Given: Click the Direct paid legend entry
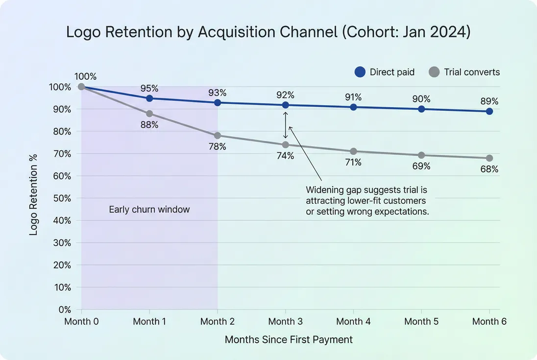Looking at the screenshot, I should [x=385, y=72].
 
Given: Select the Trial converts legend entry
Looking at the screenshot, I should [x=464, y=72].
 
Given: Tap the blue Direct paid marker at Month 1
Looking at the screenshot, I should [x=149, y=98].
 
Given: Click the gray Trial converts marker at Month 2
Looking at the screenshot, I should [x=218, y=136].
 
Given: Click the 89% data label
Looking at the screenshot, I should [x=488, y=101].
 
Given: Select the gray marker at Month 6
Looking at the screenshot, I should [x=489, y=158].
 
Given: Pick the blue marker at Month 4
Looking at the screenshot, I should [x=353, y=107].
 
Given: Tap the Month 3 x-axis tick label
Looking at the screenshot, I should [x=285, y=322].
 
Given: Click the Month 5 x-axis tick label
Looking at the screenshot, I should [x=421, y=322].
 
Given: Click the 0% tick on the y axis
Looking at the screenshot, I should [x=65, y=310].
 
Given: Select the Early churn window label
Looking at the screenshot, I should [x=149, y=210].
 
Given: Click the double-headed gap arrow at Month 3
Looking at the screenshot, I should [x=286, y=125].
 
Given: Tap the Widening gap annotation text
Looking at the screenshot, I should [x=366, y=201].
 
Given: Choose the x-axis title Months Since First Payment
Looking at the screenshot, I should [x=289, y=339].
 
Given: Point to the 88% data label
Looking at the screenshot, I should [x=149, y=125].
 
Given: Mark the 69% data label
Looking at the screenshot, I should [x=421, y=167].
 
